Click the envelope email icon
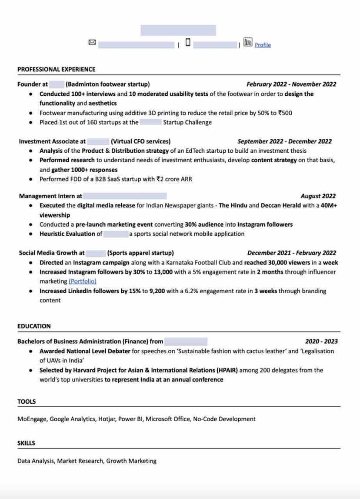coord(92,42)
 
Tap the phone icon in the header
coord(188,42)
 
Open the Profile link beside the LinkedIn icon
coord(263,45)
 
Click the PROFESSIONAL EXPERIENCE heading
coord(56,69)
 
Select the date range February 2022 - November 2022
coord(291,84)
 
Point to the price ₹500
coord(285,113)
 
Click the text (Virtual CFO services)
coord(140,141)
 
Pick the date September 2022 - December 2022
coord(284,141)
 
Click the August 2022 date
coord(318,196)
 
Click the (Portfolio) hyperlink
coord(83,281)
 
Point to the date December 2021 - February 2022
coord(291,253)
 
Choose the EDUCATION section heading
coord(34,326)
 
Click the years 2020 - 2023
coord(321,342)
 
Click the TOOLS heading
coord(27,402)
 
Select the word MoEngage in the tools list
coord(32,419)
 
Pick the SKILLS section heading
coord(26,443)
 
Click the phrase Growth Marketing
coord(131,461)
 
